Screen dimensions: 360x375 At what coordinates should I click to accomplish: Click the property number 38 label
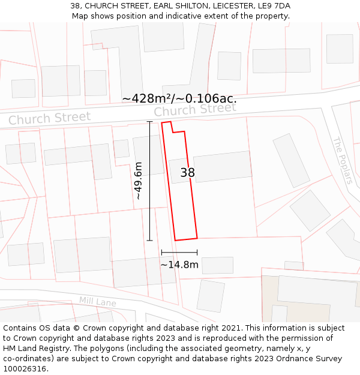coord(187,173)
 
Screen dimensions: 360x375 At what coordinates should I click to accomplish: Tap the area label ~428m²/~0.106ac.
coord(179,98)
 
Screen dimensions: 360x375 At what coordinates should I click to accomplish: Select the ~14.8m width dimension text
coord(179,264)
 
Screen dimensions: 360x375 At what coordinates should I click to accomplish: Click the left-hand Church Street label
coord(49,118)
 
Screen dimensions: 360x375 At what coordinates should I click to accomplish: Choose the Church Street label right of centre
coord(195,110)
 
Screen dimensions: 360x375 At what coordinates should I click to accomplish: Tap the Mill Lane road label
coord(97,301)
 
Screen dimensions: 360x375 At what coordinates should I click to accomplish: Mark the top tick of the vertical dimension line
coord(149,122)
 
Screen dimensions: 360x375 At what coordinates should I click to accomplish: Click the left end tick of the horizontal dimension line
coord(161,253)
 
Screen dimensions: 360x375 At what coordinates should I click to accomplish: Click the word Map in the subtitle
coord(80,16)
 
